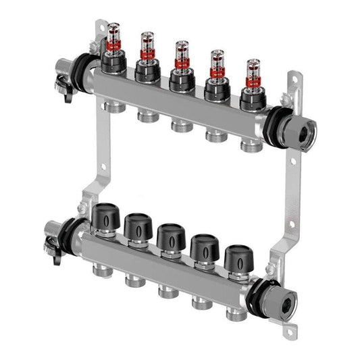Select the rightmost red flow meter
coord(253,72)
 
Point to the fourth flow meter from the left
coord(216,65)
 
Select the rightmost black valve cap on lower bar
coord(238,258)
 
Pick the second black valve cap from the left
coord(137,227)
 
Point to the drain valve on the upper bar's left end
coord(66,86)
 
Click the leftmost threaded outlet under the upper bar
coord(113,106)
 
